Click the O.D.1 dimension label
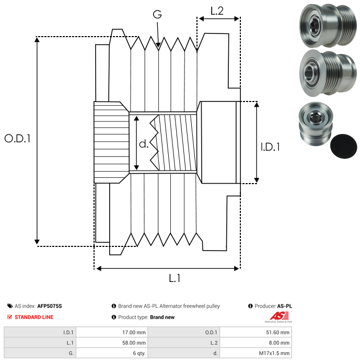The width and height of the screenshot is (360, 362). click(x=18, y=139)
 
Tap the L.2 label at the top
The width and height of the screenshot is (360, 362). click(x=217, y=10)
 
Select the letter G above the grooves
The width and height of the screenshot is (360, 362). click(x=157, y=15)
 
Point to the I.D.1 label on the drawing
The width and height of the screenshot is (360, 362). click(x=270, y=148)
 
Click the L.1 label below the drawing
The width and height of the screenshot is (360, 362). click(x=175, y=278)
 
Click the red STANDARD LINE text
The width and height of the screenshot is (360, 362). click(x=34, y=317)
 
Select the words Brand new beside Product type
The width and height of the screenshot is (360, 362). click(x=162, y=317)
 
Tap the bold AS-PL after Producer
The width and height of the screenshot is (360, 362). click(x=284, y=306)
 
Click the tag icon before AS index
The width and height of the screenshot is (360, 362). click(x=10, y=306)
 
